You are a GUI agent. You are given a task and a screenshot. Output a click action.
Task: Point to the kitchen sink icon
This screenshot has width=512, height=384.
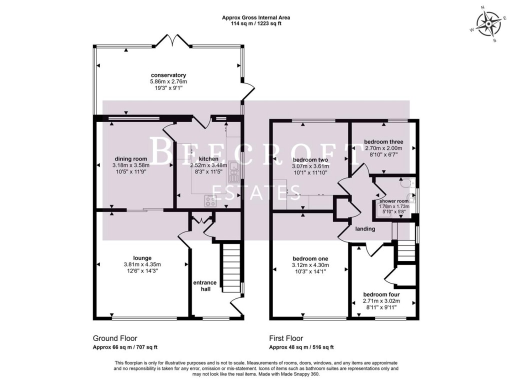coord(233,171)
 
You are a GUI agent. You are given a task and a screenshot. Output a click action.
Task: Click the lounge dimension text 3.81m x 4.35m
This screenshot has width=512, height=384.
coord(142,265)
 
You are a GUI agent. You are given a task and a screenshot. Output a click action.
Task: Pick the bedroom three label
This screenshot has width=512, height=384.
coord(383,142)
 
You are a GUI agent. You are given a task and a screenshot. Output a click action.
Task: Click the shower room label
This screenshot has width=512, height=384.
coord(394,201)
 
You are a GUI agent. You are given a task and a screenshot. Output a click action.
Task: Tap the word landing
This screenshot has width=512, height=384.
coord(365,229)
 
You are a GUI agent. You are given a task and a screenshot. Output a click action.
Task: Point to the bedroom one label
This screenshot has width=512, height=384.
coord(309,258)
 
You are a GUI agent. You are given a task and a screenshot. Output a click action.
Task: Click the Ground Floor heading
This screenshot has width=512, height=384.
coord(115,338)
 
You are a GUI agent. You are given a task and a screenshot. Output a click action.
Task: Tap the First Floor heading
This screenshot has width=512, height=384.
coord(286,338)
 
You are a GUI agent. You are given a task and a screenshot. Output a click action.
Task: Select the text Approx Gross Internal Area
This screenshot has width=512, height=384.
coord(256,17)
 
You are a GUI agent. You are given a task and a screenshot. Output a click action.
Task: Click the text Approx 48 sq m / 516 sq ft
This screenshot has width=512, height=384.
coord(301,347)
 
